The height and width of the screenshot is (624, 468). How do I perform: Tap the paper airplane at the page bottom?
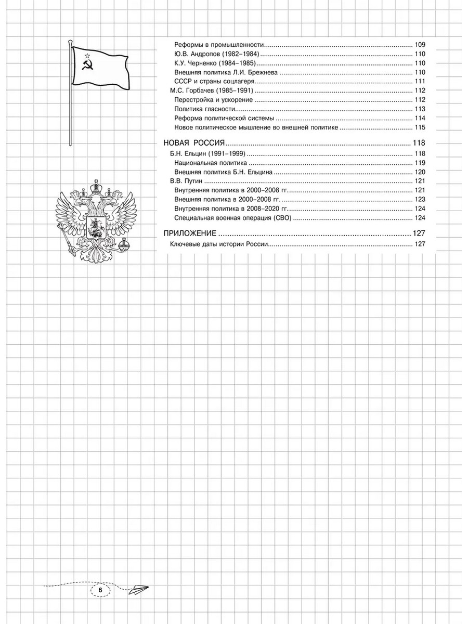point(138,589)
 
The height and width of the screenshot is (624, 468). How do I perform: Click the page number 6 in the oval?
point(101,590)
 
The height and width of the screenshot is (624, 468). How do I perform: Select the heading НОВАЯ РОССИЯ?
point(193,144)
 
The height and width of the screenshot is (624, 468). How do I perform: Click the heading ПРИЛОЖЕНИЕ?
point(189,233)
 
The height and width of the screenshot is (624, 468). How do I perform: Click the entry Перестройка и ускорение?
point(214,100)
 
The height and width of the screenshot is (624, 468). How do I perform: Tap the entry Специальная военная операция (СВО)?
point(232,218)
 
